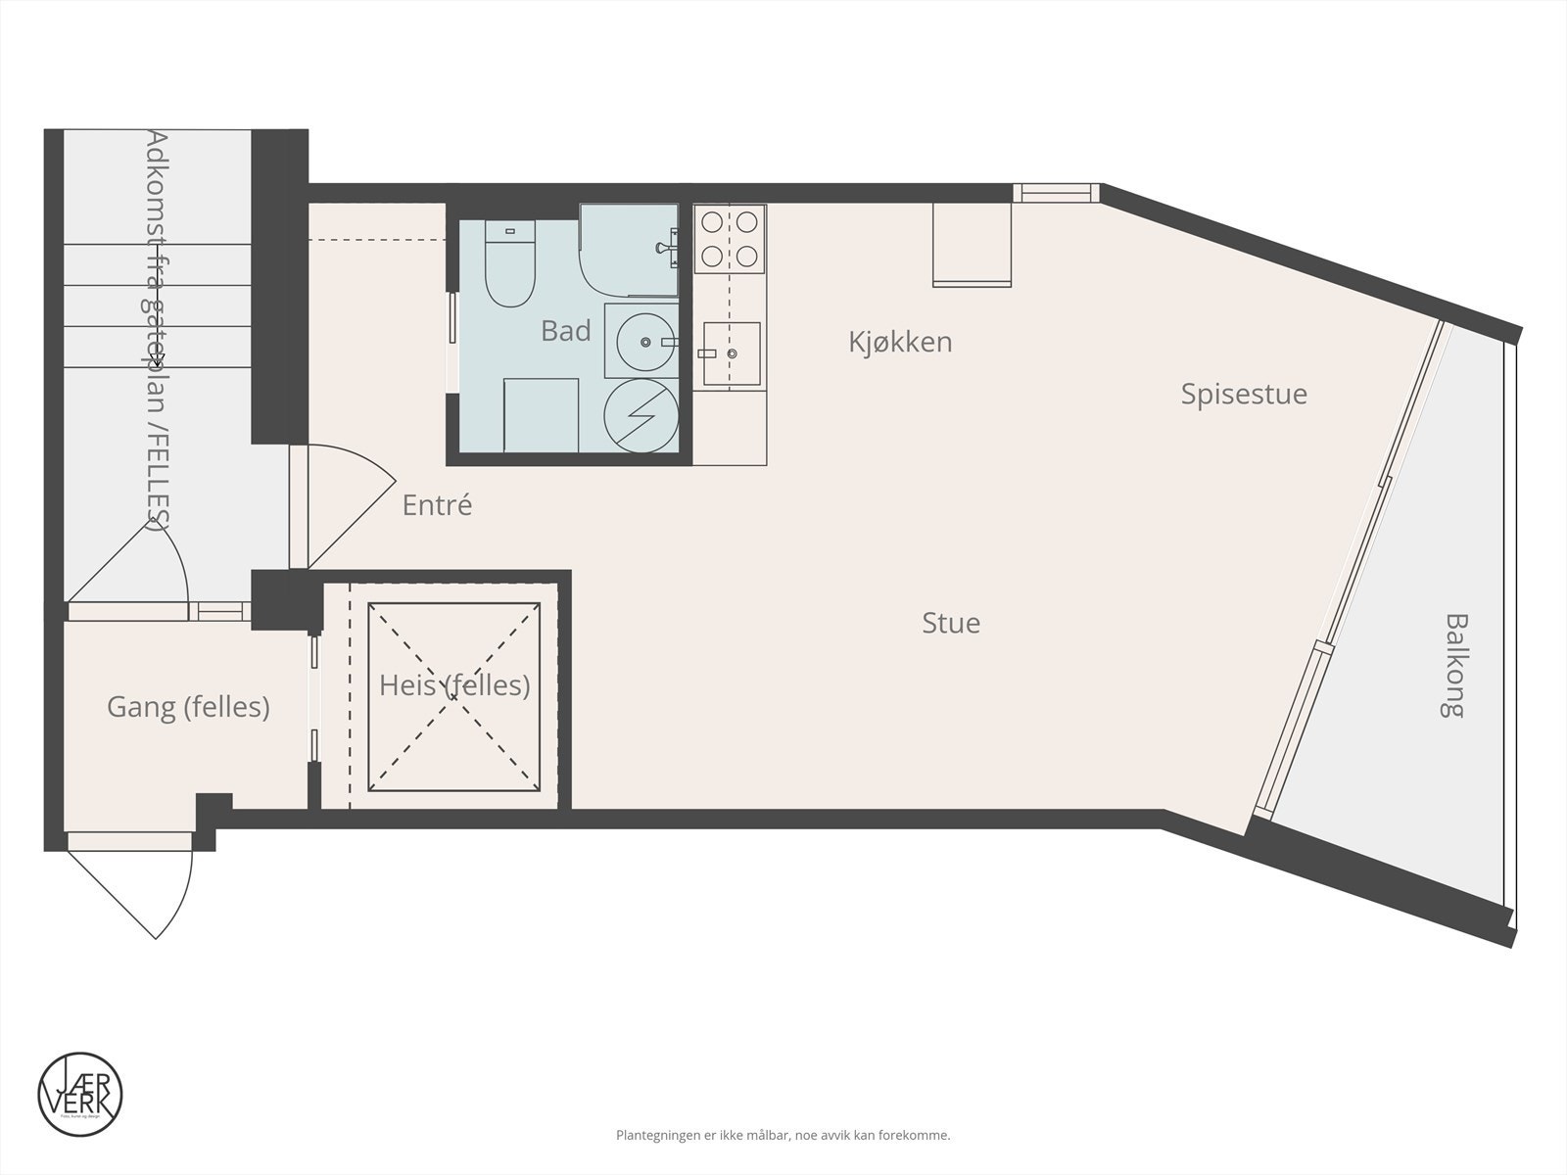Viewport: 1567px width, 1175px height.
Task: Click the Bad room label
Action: point(565,331)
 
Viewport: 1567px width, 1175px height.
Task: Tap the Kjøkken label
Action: point(900,342)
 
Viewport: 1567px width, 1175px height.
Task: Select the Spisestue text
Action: point(1243,394)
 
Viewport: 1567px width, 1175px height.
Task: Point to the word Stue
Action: point(950,623)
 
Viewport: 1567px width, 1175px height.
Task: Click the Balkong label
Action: point(1456,666)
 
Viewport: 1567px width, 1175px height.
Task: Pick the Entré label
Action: point(437,505)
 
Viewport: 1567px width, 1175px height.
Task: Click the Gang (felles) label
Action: point(188,706)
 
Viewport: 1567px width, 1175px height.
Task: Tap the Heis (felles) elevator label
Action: point(454,685)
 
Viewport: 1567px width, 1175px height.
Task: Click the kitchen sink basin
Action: point(732,353)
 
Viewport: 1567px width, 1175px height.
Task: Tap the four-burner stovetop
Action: point(730,239)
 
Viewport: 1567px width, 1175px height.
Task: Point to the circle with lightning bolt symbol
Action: point(640,416)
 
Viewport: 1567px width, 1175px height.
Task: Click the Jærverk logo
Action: point(80,1094)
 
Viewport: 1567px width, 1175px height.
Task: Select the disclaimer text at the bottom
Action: point(783,1136)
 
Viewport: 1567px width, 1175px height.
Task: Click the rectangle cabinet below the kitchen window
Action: point(971,245)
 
